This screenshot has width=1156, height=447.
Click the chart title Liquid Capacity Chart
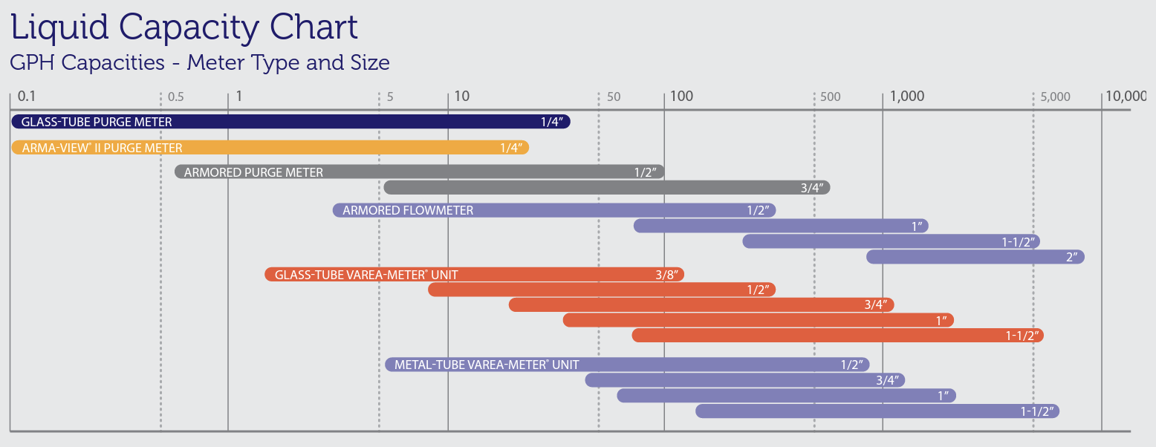(x=184, y=27)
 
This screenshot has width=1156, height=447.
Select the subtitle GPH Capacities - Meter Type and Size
(x=199, y=62)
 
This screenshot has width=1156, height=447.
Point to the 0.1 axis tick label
(x=27, y=96)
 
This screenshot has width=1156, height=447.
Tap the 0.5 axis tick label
(x=176, y=97)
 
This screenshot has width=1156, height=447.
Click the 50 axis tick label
(x=614, y=97)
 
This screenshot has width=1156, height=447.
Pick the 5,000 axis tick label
(x=1056, y=97)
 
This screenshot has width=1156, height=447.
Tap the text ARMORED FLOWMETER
(x=408, y=211)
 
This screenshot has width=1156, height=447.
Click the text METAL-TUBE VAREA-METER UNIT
(x=487, y=365)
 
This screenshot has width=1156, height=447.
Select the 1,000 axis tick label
(x=907, y=96)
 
